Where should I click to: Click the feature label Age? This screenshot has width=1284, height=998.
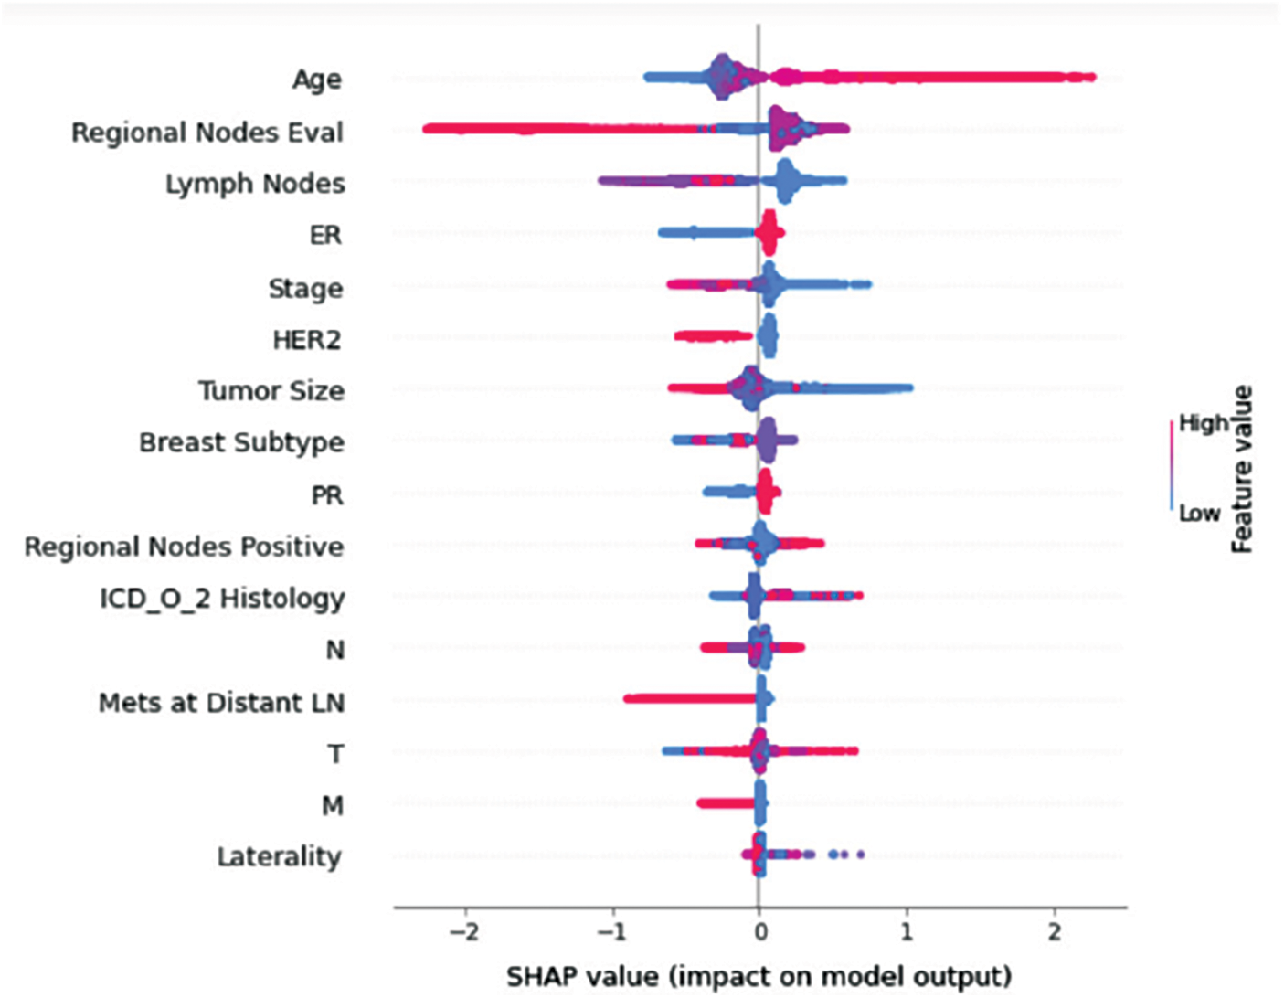coord(316,80)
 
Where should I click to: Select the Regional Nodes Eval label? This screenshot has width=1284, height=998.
coord(207,133)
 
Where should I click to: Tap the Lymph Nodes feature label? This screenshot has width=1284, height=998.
coord(255,184)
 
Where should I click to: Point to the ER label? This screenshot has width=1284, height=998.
coord(325,236)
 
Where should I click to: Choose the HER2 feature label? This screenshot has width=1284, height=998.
coord(307,340)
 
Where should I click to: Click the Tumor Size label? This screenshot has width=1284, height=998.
coord(271,391)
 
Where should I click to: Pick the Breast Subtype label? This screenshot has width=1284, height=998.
coord(241,442)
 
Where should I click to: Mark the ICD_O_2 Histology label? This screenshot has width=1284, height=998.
coord(222,599)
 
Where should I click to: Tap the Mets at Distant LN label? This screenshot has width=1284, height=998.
coord(221,703)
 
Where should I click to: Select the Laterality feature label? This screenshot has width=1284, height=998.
coord(279,857)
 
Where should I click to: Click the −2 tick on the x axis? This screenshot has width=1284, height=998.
coord(464,931)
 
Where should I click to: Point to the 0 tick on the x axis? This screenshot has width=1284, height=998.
coord(759,931)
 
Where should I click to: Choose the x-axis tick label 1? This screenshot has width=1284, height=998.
coord(907,931)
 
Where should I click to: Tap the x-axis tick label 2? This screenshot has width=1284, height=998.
coord(1055,931)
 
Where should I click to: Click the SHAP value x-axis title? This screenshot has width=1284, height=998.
coord(759,975)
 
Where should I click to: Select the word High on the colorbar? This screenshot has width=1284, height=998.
coord(1203,423)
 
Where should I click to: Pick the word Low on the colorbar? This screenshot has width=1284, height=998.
coord(1199,513)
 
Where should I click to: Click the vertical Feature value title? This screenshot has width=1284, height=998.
coord(1241,469)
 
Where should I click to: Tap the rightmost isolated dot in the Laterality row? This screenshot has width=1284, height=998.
coord(860,855)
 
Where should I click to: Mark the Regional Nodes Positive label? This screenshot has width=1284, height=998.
coord(184,547)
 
